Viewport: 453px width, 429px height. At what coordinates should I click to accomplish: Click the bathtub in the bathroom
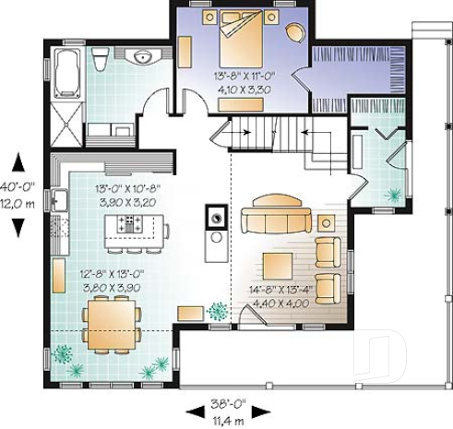pos(68,73)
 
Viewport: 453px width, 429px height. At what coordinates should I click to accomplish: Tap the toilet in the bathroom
pos(100,60)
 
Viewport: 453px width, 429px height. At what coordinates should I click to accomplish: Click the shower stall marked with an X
pos(68,120)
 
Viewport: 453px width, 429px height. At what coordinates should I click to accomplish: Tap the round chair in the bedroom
pos(294,33)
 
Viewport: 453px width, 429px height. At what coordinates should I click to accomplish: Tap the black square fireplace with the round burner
pos(215,219)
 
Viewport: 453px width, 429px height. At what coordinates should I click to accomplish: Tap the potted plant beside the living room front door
pos(218,311)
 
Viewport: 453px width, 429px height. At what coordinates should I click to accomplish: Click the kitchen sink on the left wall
pos(57,200)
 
